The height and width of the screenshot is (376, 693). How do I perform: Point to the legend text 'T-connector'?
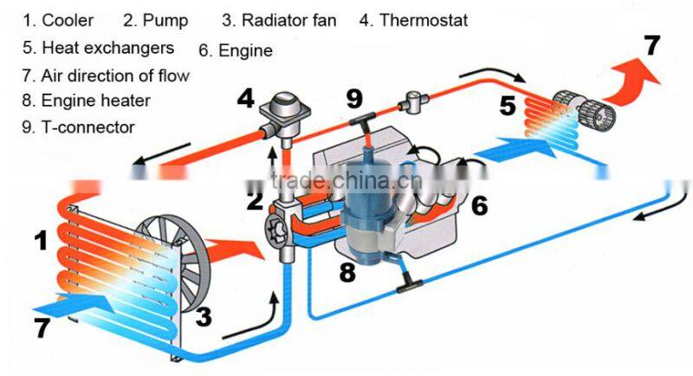pyautogui.click(x=87, y=127)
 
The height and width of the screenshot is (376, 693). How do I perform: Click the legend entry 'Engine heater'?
pyautogui.click(x=96, y=100)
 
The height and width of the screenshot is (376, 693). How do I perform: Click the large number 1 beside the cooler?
pyautogui.click(x=41, y=240)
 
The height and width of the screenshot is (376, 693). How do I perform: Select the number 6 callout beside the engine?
pyautogui.click(x=480, y=205)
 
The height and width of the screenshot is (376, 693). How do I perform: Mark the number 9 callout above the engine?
pyautogui.click(x=354, y=98)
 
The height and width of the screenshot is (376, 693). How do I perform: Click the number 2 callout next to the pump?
pyautogui.click(x=254, y=203)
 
